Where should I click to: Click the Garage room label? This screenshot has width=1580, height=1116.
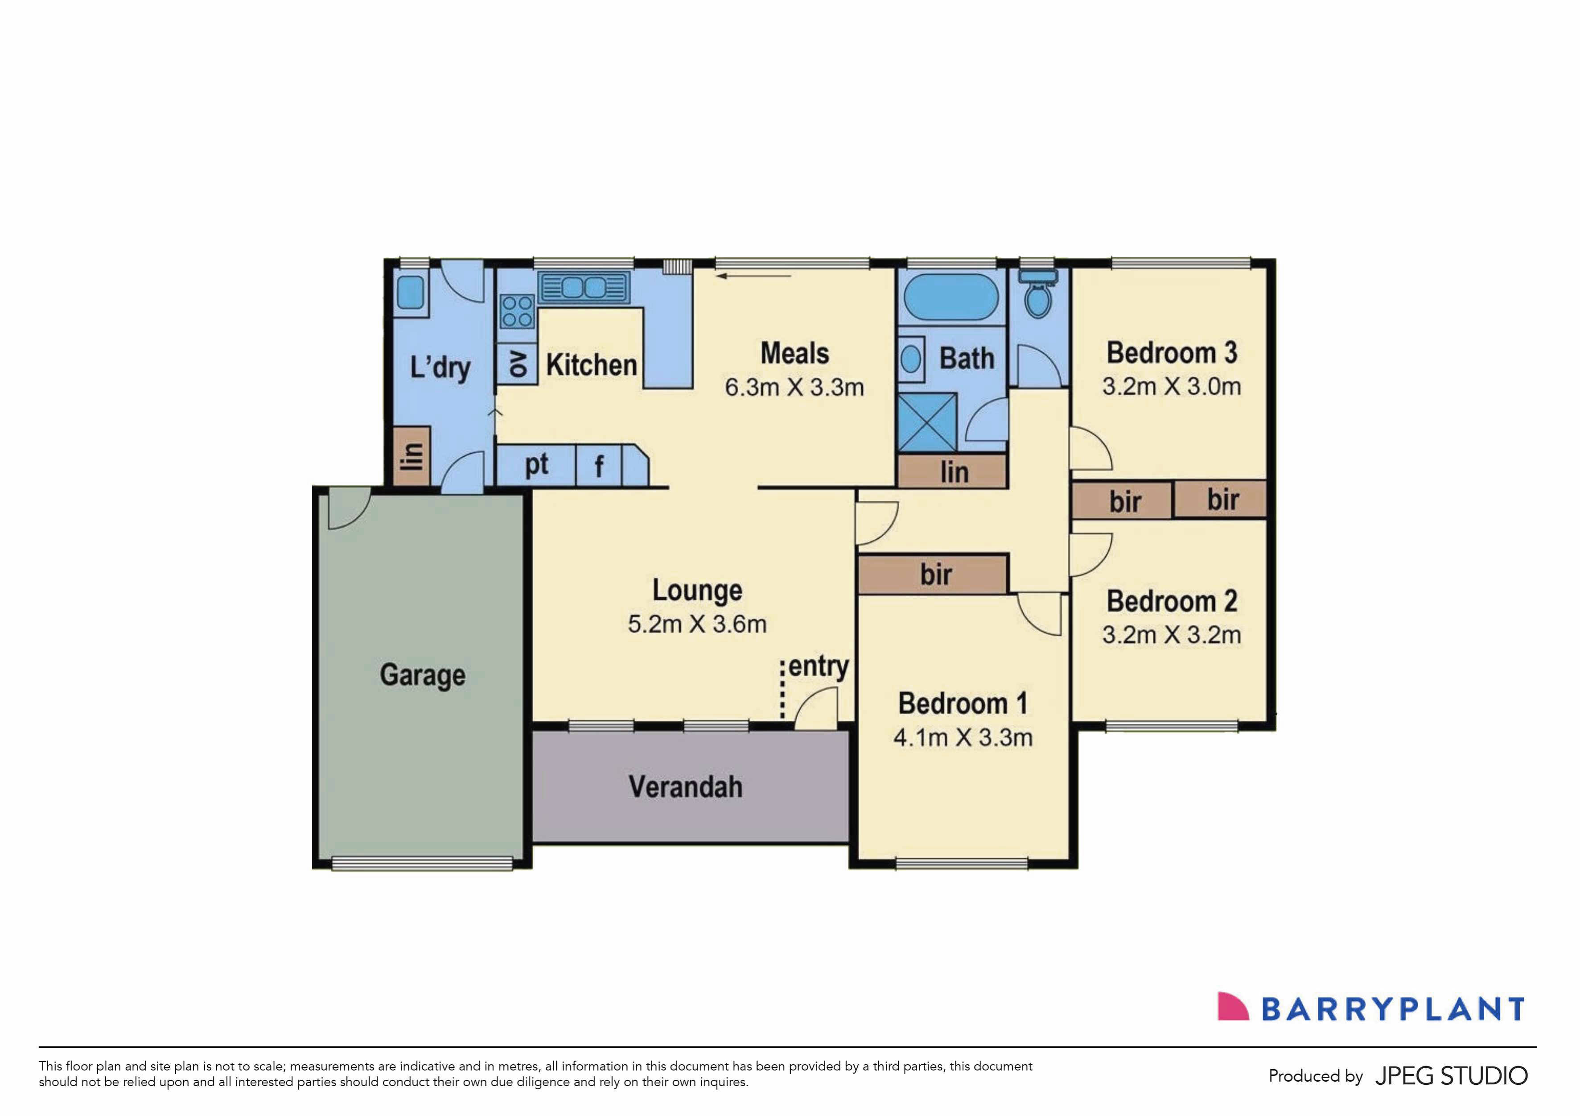point(423,675)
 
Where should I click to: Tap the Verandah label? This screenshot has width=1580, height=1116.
point(685,787)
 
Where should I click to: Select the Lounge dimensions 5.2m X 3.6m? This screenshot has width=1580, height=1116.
point(697,624)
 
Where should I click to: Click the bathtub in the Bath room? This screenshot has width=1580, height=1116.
point(950,297)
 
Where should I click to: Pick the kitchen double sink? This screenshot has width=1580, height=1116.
point(584,287)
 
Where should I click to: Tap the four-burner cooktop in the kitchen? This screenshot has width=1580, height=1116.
point(517,311)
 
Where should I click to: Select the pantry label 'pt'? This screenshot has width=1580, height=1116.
point(537,465)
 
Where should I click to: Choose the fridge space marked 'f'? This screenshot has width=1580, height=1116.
point(599,466)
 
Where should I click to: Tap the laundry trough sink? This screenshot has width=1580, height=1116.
point(411,292)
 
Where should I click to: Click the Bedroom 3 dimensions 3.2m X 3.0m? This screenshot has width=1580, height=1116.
point(1171,386)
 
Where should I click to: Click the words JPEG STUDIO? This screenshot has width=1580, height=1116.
point(1451,1075)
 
